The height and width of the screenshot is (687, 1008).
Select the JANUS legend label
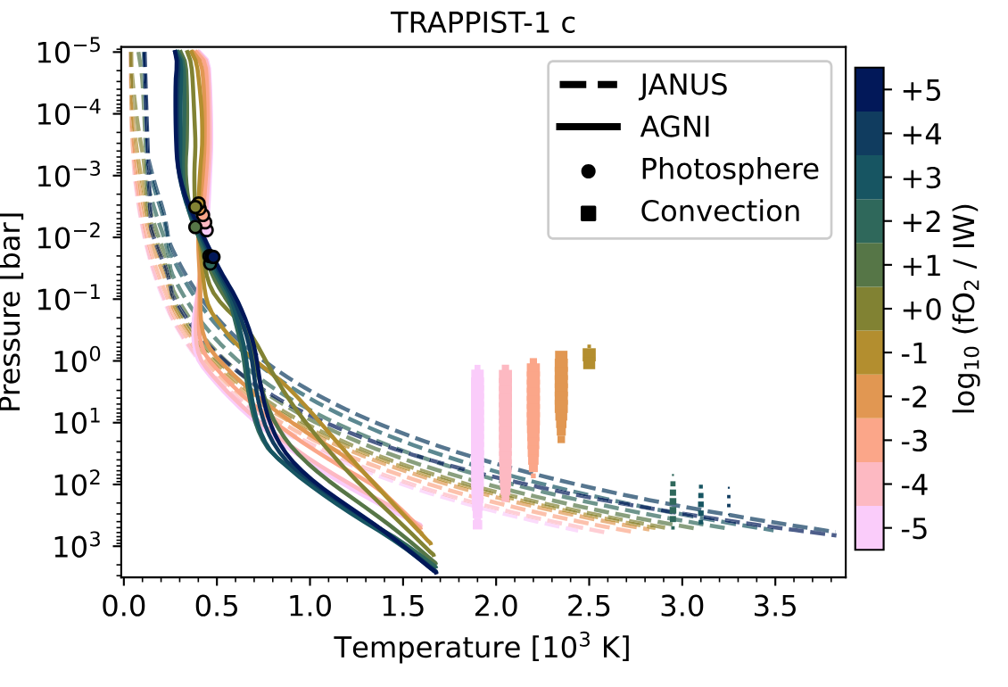[684, 86]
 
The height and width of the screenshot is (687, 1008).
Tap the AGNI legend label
[674, 128]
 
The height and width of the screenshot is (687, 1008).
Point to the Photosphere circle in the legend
[588, 170]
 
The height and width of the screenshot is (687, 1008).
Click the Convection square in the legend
[588, 212]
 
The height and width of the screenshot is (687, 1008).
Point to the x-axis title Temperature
[483, 648]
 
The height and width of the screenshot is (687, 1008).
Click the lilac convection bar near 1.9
[477, 446]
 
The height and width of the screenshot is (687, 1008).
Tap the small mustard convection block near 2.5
[589, 358]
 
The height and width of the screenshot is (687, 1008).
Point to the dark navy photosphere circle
[213, 257]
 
